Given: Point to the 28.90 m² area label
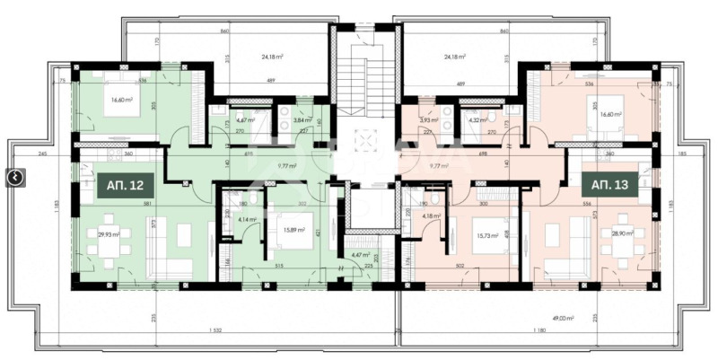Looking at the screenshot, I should coord(623,233).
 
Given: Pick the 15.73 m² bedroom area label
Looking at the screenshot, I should coord(476,235).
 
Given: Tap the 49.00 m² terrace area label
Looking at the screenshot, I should coord(563,317).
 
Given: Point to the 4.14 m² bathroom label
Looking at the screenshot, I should coord(246,218).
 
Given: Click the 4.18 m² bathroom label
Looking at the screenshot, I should coord(433,215).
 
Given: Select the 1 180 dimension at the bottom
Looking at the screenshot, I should coord(538,330).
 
